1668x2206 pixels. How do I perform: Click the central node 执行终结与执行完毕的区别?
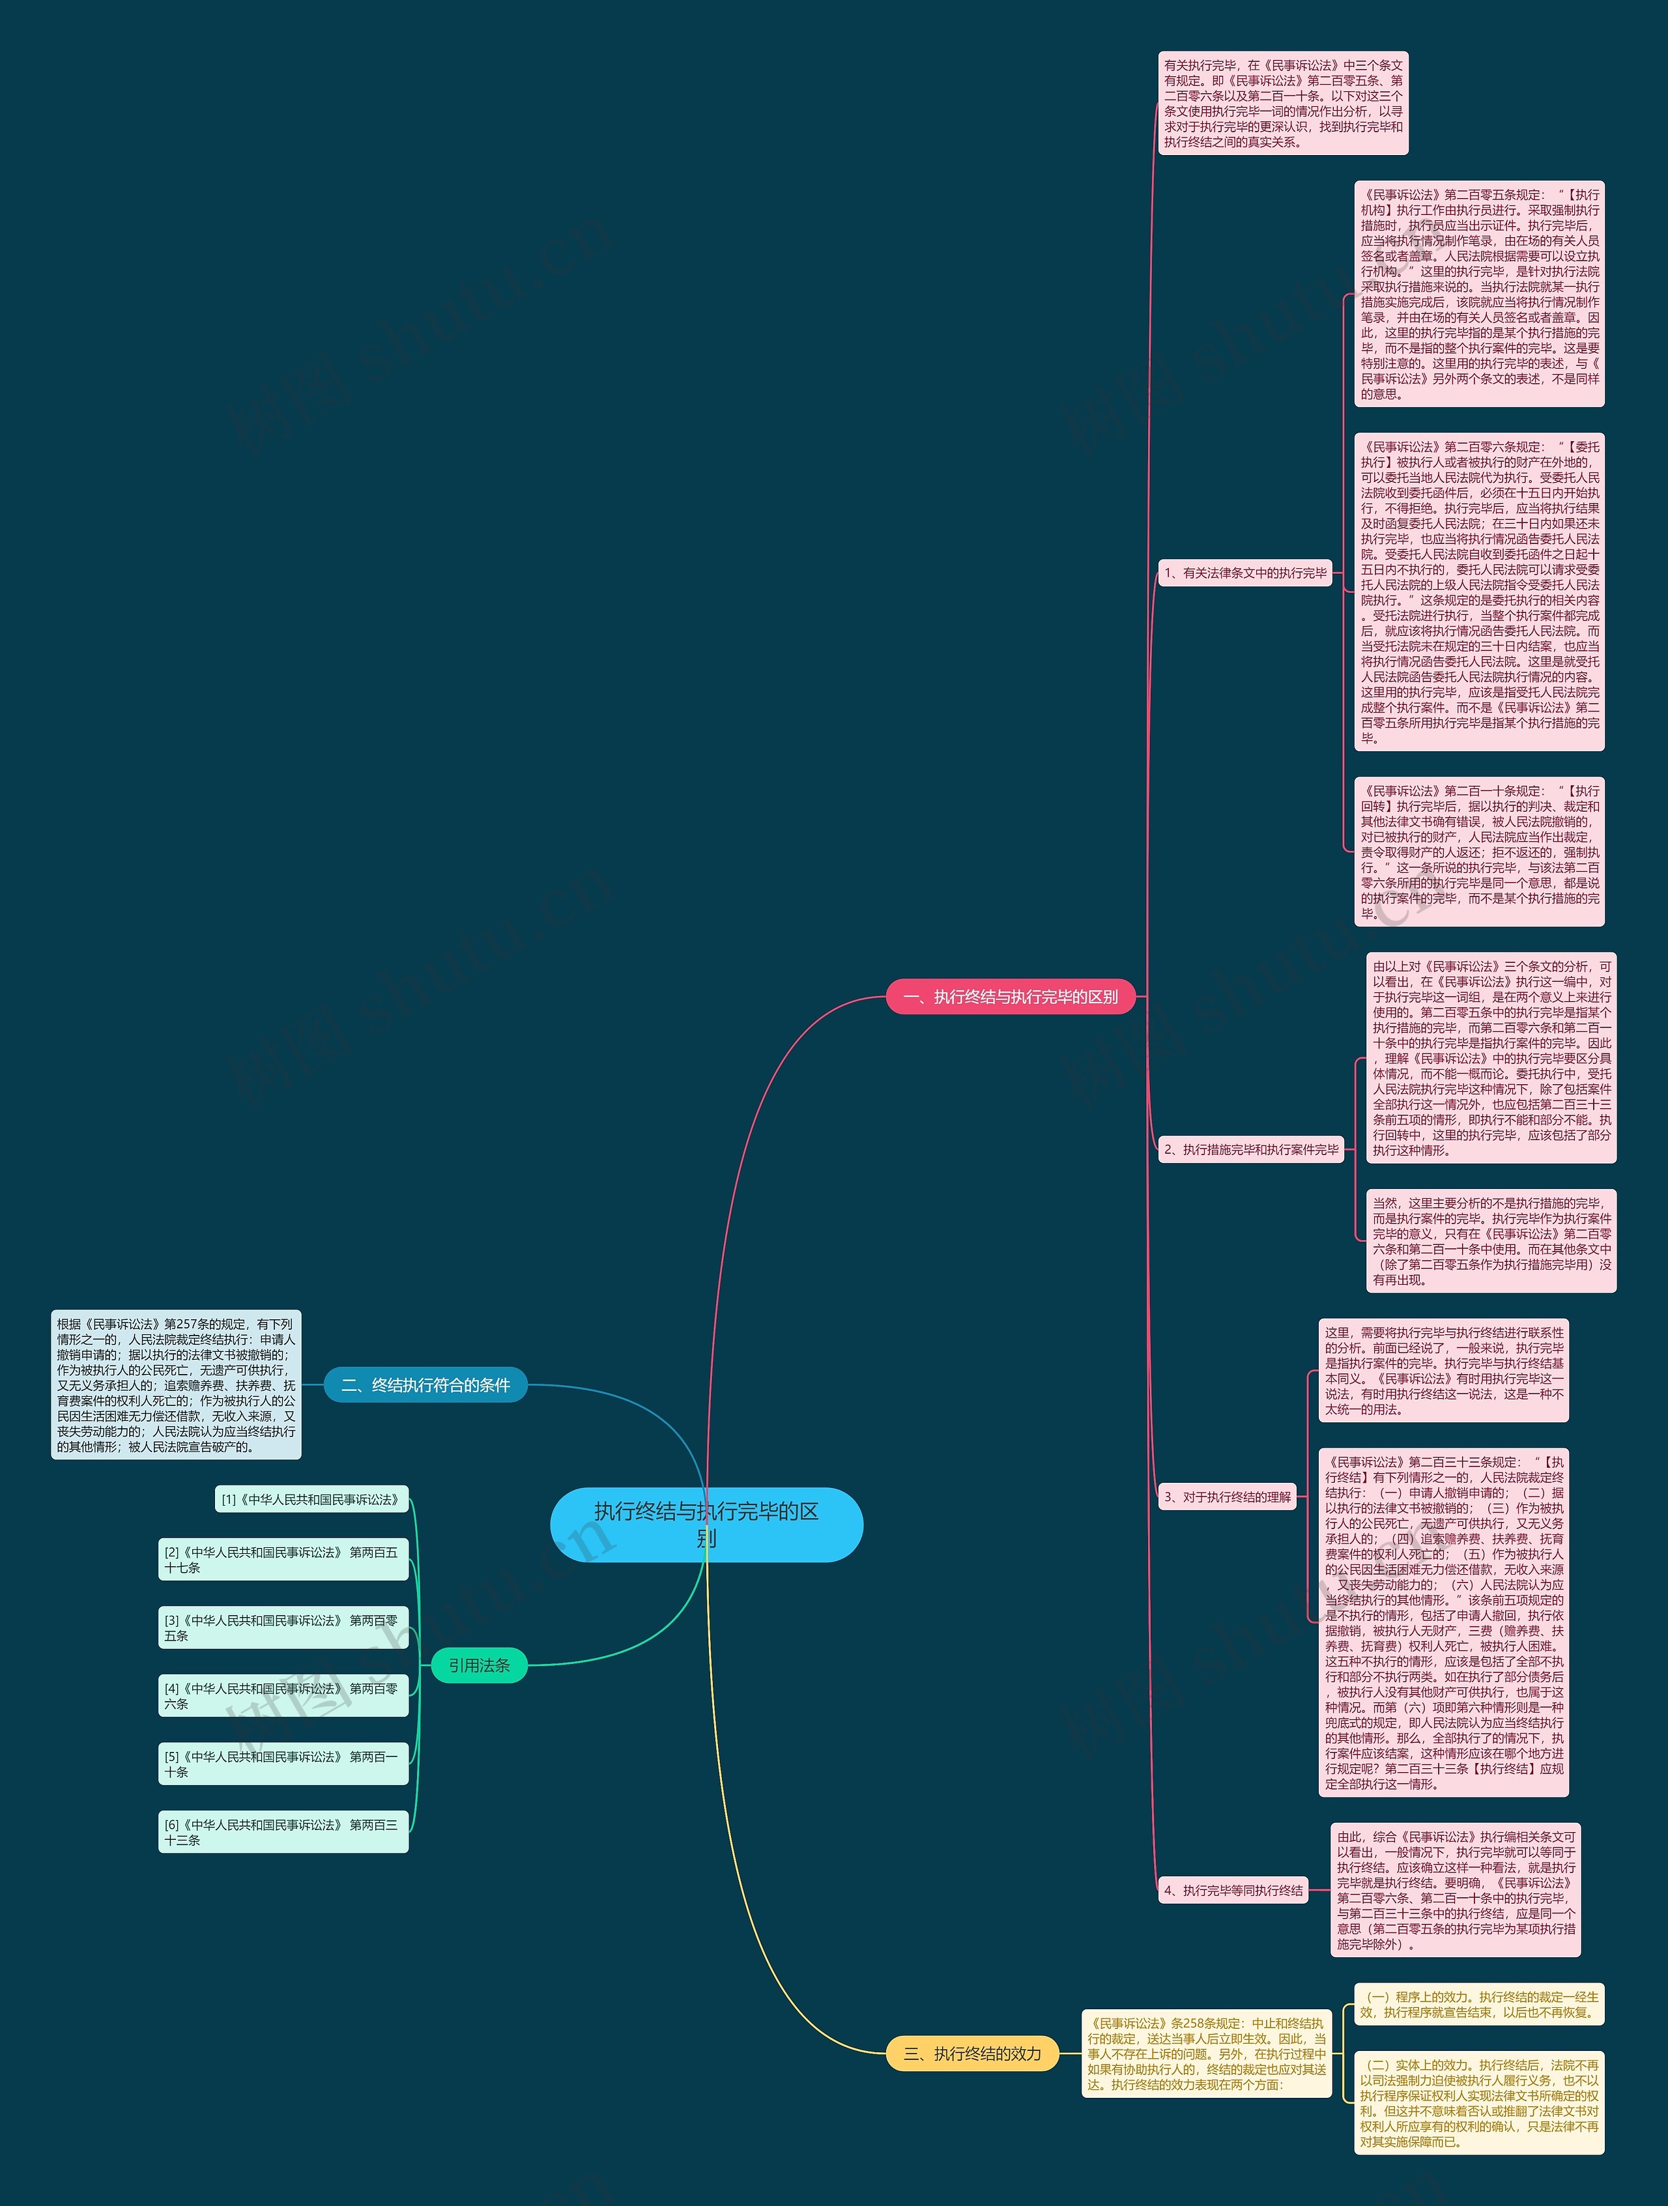coord(706,1524)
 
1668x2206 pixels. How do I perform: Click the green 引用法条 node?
coord(479,1665)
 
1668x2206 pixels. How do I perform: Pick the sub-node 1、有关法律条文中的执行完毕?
coord(1245,573)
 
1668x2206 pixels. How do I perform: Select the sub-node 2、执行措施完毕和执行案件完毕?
coord(1251,1149)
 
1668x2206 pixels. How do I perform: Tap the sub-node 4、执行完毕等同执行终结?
coord(1233,1890)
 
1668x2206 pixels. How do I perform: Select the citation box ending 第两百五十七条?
coord(283,1560)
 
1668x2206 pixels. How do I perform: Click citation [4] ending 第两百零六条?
coord(283,1695)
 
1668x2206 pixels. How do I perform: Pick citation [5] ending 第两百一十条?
coord(283,1763)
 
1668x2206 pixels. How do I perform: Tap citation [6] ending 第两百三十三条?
coord(283,1832)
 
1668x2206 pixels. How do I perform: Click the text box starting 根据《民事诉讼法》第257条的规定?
coord(175,1384)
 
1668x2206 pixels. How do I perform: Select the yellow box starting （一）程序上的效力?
coord(1478,2005)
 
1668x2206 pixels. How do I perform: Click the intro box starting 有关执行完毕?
coord(1283,103)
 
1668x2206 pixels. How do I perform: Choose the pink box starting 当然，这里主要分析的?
coord(1490,1240)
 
